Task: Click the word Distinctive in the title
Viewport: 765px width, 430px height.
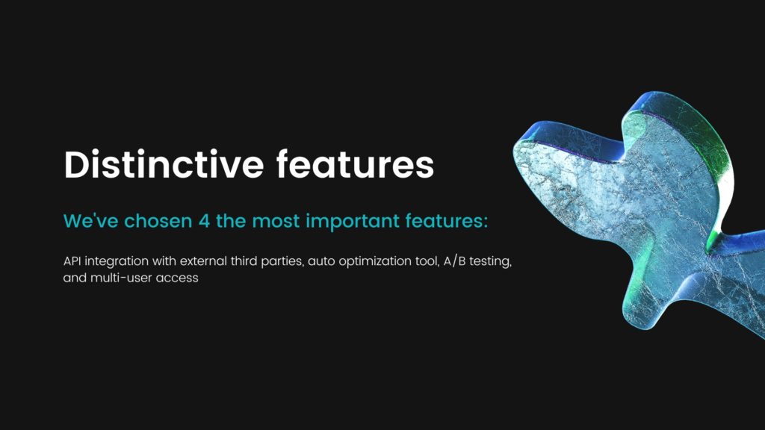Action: coord(164,164)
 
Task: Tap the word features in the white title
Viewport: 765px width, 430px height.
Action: coord(355,164)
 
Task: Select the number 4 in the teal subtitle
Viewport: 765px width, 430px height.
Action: coord(204,221)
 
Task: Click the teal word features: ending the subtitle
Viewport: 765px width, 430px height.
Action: coord(447,221)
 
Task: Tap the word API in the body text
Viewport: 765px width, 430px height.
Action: coord(72,261)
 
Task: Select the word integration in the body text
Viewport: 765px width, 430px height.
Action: coord(117,262)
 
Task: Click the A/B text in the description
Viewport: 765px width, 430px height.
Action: coord(454,262)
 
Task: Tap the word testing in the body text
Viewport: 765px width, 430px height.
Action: coord(490,262)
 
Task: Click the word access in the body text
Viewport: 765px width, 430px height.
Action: coord(182,278)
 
